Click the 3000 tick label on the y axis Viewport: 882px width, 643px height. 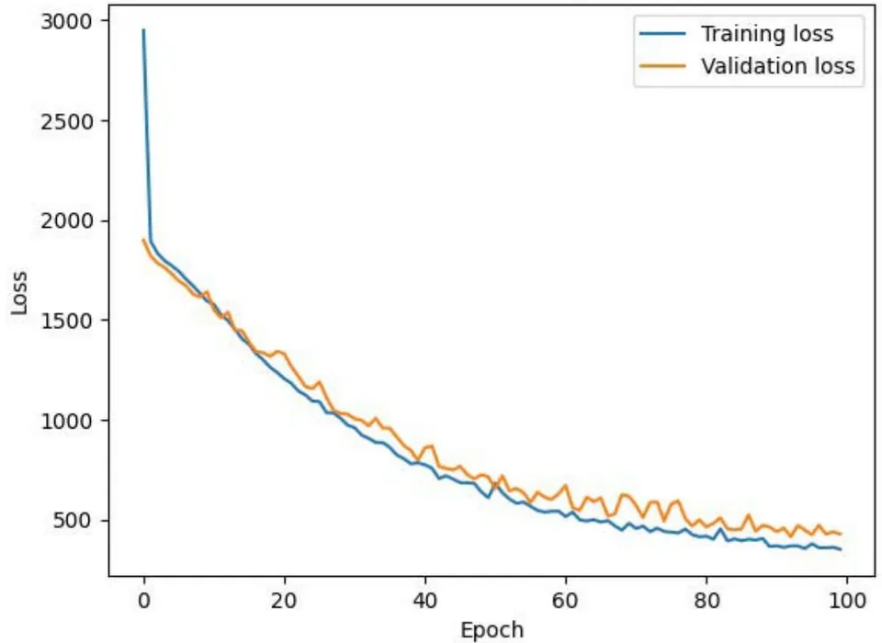click(66, 21)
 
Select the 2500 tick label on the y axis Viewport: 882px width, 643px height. click(66, 121)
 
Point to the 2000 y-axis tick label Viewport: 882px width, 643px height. click(66, 221)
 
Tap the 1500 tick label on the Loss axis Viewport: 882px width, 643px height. click(66, 321)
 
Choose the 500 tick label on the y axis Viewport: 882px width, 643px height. click(72, 521)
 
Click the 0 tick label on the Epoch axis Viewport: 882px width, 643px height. click(144, 602)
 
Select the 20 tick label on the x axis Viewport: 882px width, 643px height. click(284, 602)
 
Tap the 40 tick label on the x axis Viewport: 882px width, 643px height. click(424, 602)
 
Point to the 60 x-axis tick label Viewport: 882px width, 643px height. click(565, 602)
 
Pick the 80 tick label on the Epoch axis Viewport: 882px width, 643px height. click(706, 602)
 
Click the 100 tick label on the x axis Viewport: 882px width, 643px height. click(846, 602)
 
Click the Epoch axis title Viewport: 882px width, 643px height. click(492, 630)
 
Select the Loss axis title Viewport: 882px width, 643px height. click(19, 292)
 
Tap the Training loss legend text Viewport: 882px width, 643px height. click(767, 34)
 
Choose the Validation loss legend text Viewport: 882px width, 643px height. click(778, 66)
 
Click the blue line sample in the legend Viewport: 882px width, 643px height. click(662, 34)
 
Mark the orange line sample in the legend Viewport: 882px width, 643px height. click(662, 66)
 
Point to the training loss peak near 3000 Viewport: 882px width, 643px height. click(143, 29)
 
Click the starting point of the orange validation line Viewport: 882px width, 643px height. click(143, 241)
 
